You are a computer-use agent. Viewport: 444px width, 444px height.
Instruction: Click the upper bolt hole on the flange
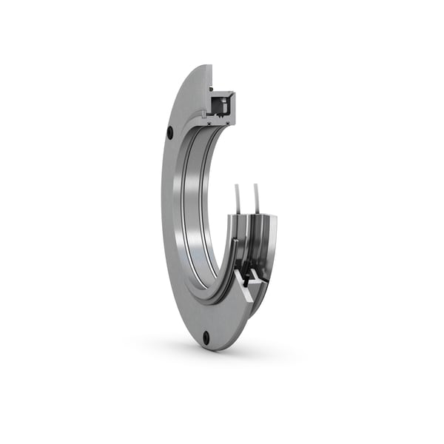[170, 133]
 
